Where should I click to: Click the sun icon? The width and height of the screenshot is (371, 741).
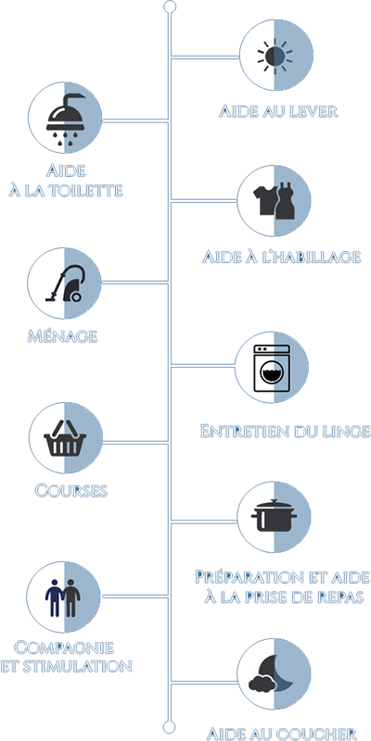point(275,56)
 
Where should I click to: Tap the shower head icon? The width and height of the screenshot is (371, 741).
point(66,118)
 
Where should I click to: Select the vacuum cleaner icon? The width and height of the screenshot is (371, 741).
point(65,283)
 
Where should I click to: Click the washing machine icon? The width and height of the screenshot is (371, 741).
point(272,368)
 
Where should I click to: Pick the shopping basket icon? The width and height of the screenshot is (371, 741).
point(65,438)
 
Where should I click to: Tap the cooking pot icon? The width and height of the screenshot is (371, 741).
point(274,516)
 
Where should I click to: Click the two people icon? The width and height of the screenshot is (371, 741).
point(63,597)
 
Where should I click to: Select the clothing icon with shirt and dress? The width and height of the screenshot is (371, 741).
point(274,201)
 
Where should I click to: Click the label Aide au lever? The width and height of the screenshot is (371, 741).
point(278,112)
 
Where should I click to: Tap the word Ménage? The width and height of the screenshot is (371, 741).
point(62,336)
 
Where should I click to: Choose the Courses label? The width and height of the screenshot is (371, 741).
point(71,491)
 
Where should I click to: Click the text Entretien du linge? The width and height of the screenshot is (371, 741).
point(285,432)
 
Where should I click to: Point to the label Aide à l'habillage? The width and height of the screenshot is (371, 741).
point(282,257)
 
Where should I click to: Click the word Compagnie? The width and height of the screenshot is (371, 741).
point(64,647)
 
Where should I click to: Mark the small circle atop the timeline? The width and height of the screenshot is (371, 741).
point(170,6)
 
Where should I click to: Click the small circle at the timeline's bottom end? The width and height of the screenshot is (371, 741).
point(169,726)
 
